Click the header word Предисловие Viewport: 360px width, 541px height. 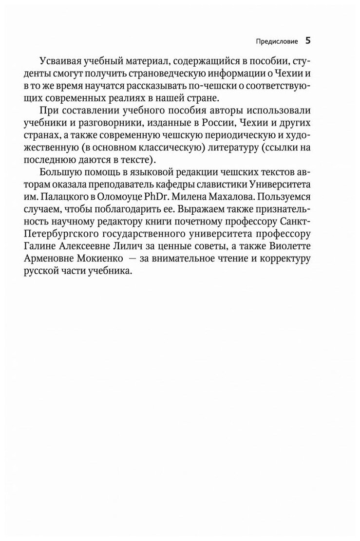pos(276,41)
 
